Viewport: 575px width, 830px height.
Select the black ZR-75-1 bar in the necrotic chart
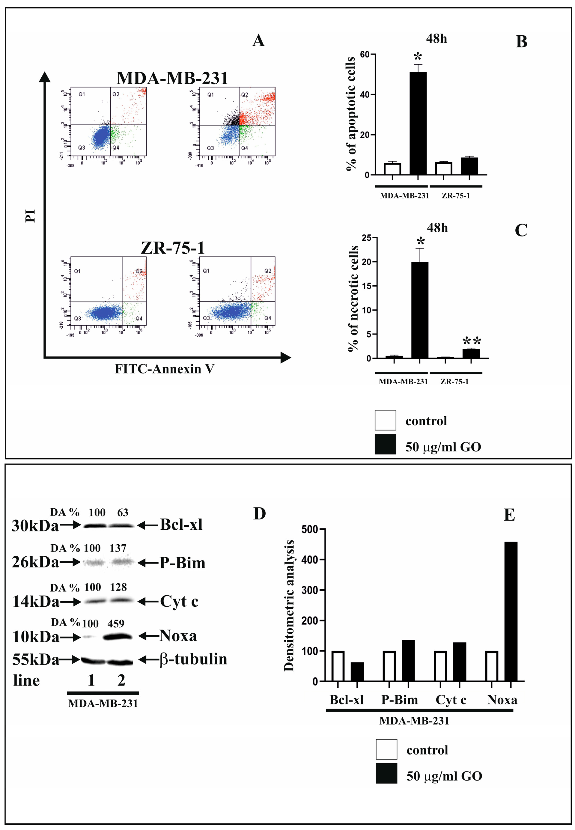tap(471, 353)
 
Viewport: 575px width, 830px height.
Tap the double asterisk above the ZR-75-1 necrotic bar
tap(472, 341)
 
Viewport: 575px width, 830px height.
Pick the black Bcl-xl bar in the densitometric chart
tap(357, 671)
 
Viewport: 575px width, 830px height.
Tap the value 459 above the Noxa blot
tap(116, 623)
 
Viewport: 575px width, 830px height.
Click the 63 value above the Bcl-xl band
tap(123, 513)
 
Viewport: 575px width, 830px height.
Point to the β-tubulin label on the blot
tap(193, 659)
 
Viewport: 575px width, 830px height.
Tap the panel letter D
tap(259, 513)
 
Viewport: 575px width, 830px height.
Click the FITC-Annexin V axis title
tap(164, 369)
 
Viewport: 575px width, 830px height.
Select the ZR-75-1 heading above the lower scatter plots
tap(173, 248)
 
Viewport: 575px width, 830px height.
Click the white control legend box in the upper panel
tap(385, 420)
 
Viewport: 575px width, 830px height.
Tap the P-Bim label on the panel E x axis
tap(400, 700)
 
